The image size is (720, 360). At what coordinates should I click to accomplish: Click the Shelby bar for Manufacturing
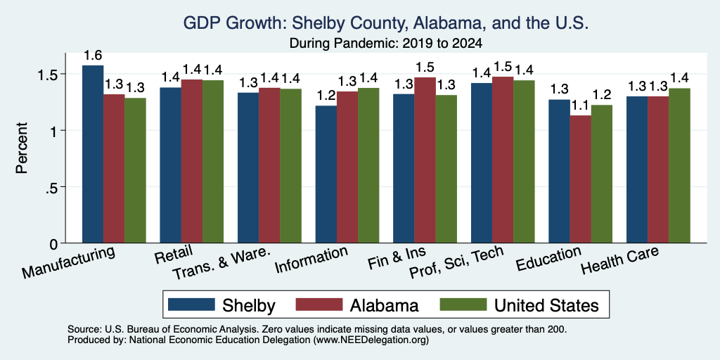point(93,154)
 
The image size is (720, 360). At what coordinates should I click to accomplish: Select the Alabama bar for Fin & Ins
point(425,160)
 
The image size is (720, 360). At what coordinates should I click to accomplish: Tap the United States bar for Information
point(368,165)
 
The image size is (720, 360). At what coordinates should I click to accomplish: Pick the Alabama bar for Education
point(580,179)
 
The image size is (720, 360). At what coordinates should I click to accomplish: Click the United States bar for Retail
point(213,162)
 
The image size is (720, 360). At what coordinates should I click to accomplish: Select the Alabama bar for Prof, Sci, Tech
point(502,160)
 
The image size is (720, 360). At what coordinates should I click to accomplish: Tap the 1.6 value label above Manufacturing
point(93,56)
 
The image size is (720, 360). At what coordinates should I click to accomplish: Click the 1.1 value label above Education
point(580,106)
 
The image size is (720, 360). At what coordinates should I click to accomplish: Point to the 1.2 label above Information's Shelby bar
point(326,96)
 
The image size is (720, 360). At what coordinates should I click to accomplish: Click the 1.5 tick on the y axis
point(54,74)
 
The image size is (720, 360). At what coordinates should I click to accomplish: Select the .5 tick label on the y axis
point(56,187)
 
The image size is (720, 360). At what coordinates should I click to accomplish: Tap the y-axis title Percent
point(22,148)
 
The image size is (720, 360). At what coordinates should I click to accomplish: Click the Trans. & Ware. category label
point(220,264)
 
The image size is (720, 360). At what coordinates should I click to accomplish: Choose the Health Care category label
point(620,260)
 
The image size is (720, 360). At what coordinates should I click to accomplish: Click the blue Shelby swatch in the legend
point(191,304)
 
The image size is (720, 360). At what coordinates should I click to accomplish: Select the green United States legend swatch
point(463,304)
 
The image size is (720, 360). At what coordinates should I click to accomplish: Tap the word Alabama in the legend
point(385,305)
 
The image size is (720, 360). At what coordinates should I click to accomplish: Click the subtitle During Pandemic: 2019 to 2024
point(386,44)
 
